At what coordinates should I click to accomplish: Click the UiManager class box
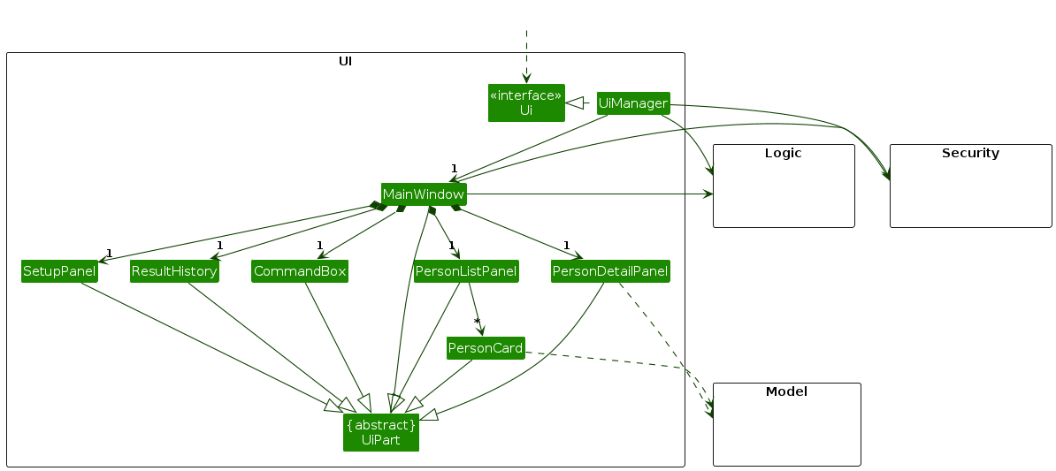point(632,103)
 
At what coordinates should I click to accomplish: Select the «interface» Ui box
point(526,103)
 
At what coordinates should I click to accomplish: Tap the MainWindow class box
point(423,194)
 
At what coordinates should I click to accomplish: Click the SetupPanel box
point(59,271)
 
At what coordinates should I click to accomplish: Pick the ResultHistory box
point(174,271)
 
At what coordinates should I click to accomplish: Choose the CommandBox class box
point(299,271)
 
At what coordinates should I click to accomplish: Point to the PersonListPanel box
point(466,271)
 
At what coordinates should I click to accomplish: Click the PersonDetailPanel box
point(609,271)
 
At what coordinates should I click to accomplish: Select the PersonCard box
point(486,348)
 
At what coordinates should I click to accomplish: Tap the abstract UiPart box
point(381,432)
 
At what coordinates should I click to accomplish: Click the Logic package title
point(783,153)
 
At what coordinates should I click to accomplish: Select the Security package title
point(970,153)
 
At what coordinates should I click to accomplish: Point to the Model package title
point(786,391)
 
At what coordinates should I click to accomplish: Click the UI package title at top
point(346,61)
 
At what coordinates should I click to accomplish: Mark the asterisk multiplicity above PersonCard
point(477,322)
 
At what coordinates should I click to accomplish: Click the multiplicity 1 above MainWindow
point(453,169)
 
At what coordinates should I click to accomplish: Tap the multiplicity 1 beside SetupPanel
point(109,254)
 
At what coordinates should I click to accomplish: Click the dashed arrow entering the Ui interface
point(526,57)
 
